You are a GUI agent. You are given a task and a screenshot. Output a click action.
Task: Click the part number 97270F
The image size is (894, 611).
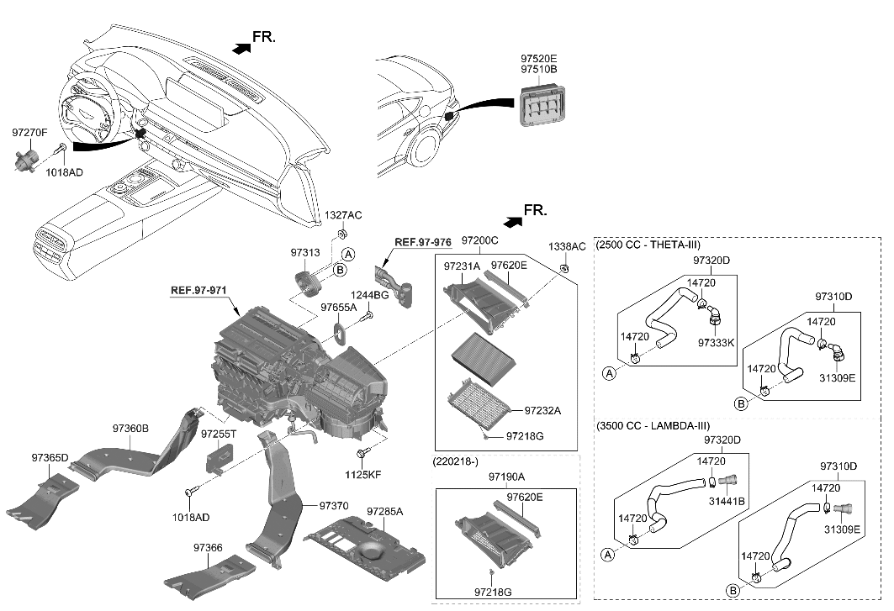pos(29,133)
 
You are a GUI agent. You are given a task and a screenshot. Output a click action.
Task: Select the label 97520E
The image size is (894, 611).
pos(538,59)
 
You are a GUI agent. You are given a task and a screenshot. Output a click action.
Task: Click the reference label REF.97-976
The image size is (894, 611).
pos(423,242)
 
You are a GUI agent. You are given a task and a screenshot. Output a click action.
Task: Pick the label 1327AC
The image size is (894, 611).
pos(343,216)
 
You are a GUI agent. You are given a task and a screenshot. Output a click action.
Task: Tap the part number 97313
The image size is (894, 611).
pos(306,251)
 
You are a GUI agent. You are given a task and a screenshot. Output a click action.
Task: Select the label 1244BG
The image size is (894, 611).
pos(369,296)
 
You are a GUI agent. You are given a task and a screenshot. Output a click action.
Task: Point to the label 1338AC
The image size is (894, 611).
pos(567,247)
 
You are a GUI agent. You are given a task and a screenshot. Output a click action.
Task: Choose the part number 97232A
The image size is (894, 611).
pos(542,411)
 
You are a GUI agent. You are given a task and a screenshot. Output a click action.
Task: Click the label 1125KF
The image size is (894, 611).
pos(364,475)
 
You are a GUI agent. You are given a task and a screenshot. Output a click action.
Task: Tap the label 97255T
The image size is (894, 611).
pos(219,434)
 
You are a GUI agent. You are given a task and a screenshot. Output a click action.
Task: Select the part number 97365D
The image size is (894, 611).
pos(50,458)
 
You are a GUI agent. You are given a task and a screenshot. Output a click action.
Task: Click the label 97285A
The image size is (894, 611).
pos(385,511)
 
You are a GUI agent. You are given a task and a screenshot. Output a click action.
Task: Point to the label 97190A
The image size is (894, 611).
pos(506,477)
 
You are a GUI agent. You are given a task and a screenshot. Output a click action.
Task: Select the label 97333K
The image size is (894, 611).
pos(717,343)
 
